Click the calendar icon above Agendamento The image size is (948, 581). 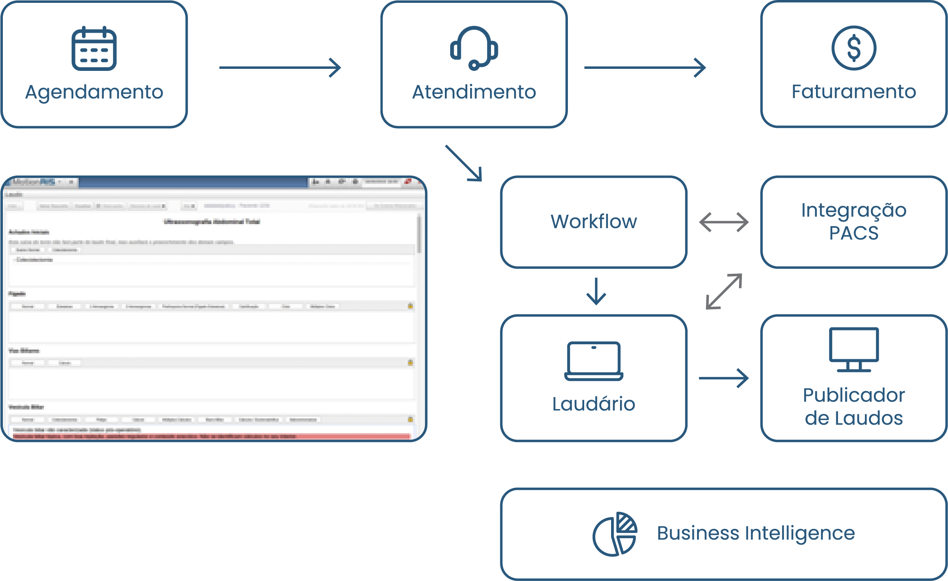[x=94, y=48]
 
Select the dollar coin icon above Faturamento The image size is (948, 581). [x=853, y=48]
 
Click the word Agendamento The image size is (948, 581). [x=94, y=92]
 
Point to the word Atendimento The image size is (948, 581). [x=474, y=92]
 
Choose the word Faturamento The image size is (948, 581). [x=853, y=92]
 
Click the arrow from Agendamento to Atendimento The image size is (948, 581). [x=280, y=68]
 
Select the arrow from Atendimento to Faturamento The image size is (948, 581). [x=645, y=68]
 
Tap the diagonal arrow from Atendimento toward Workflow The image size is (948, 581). [x=464, y=163]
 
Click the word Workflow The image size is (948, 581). [x=594, y=222]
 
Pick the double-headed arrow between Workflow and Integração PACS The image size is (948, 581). [x=724, y=222]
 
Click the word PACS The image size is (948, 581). [x=854, y=233]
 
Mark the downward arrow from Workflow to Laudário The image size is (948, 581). [x=596, y=291]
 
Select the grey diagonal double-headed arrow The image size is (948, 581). [x=724, y=291]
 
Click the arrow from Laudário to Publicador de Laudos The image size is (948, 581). [x=724, y=378]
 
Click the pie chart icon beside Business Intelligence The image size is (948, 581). [x=615, y=534]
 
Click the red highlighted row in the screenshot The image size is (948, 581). [x=211, y=436]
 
